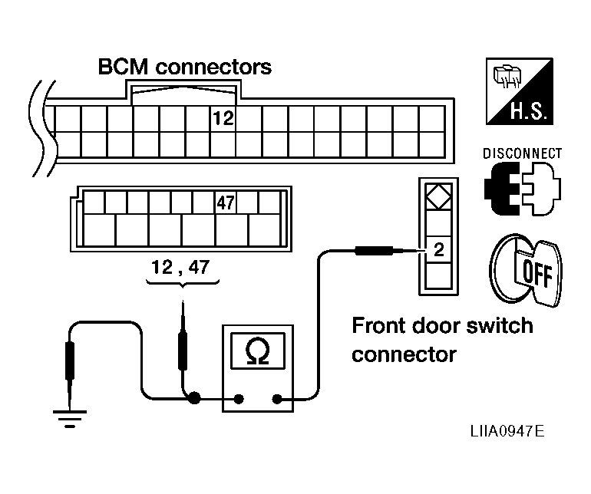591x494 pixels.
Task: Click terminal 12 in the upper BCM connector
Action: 223,118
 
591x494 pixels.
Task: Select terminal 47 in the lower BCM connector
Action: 226,203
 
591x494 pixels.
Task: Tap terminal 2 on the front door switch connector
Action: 438,249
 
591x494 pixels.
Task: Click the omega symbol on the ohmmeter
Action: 258,351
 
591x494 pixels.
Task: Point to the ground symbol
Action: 70,419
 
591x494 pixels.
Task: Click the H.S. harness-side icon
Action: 520,91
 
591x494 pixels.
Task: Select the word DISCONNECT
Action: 522,153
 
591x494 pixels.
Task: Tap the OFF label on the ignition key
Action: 538,272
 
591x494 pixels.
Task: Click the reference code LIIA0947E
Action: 507,431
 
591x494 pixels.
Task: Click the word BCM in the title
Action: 123,67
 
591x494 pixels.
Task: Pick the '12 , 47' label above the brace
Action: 180,267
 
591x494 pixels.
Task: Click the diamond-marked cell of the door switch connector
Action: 438,196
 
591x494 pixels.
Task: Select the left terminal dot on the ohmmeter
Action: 238,399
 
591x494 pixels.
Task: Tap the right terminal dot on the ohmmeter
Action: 277,399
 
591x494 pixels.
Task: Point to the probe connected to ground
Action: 70,373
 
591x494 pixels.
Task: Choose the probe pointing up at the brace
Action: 183,335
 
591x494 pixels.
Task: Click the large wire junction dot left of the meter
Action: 194,398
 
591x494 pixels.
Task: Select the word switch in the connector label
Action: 500,325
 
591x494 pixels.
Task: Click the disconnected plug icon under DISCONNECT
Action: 523,189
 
